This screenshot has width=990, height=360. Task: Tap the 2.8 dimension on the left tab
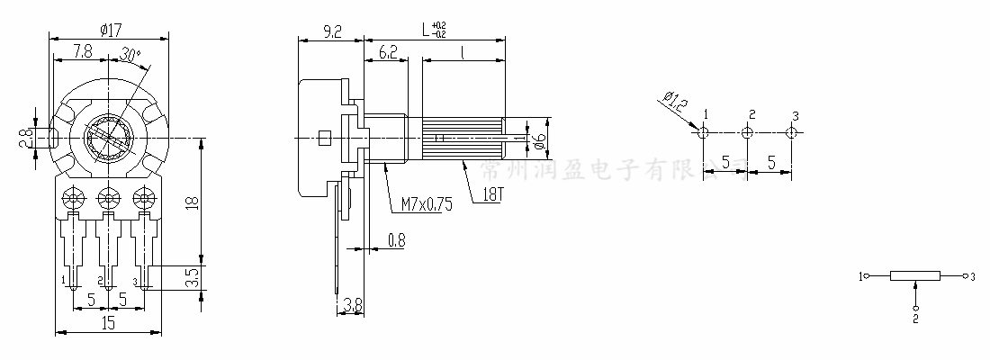pos(27,138)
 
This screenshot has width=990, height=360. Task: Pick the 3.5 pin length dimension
pos(191,277)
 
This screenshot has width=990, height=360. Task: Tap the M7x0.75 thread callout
pos(422,205)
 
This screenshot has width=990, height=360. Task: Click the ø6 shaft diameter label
pos(538,139)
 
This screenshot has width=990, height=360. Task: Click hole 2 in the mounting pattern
pos(747,133)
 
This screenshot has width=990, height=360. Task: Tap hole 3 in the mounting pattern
pos(791,132)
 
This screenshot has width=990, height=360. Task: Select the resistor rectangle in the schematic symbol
pos(914,276)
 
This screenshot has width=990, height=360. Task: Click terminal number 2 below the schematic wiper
pos(915,318)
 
